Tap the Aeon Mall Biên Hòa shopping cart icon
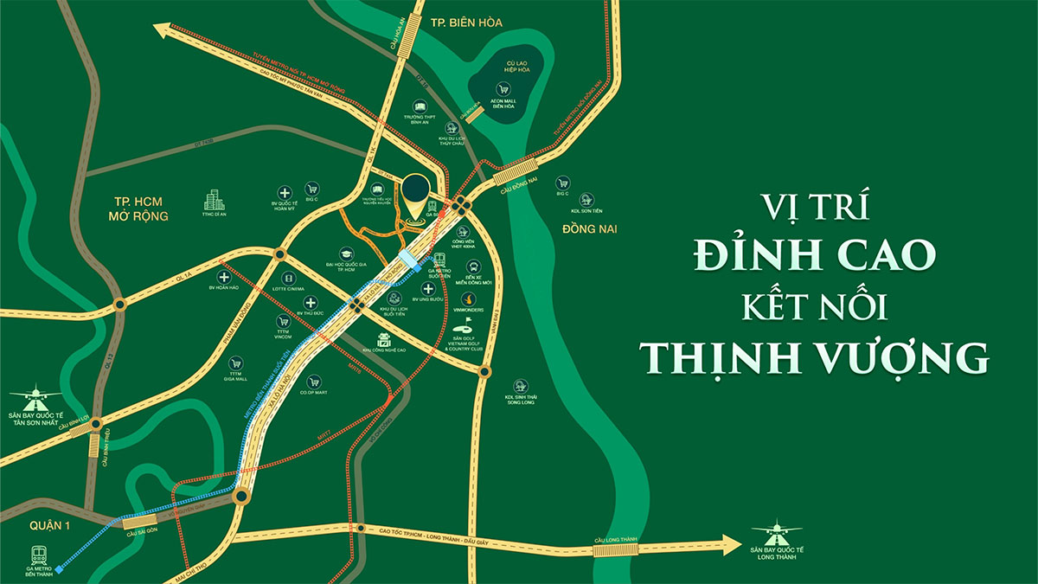tap(502, 88)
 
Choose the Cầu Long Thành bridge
tap(615, 548)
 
